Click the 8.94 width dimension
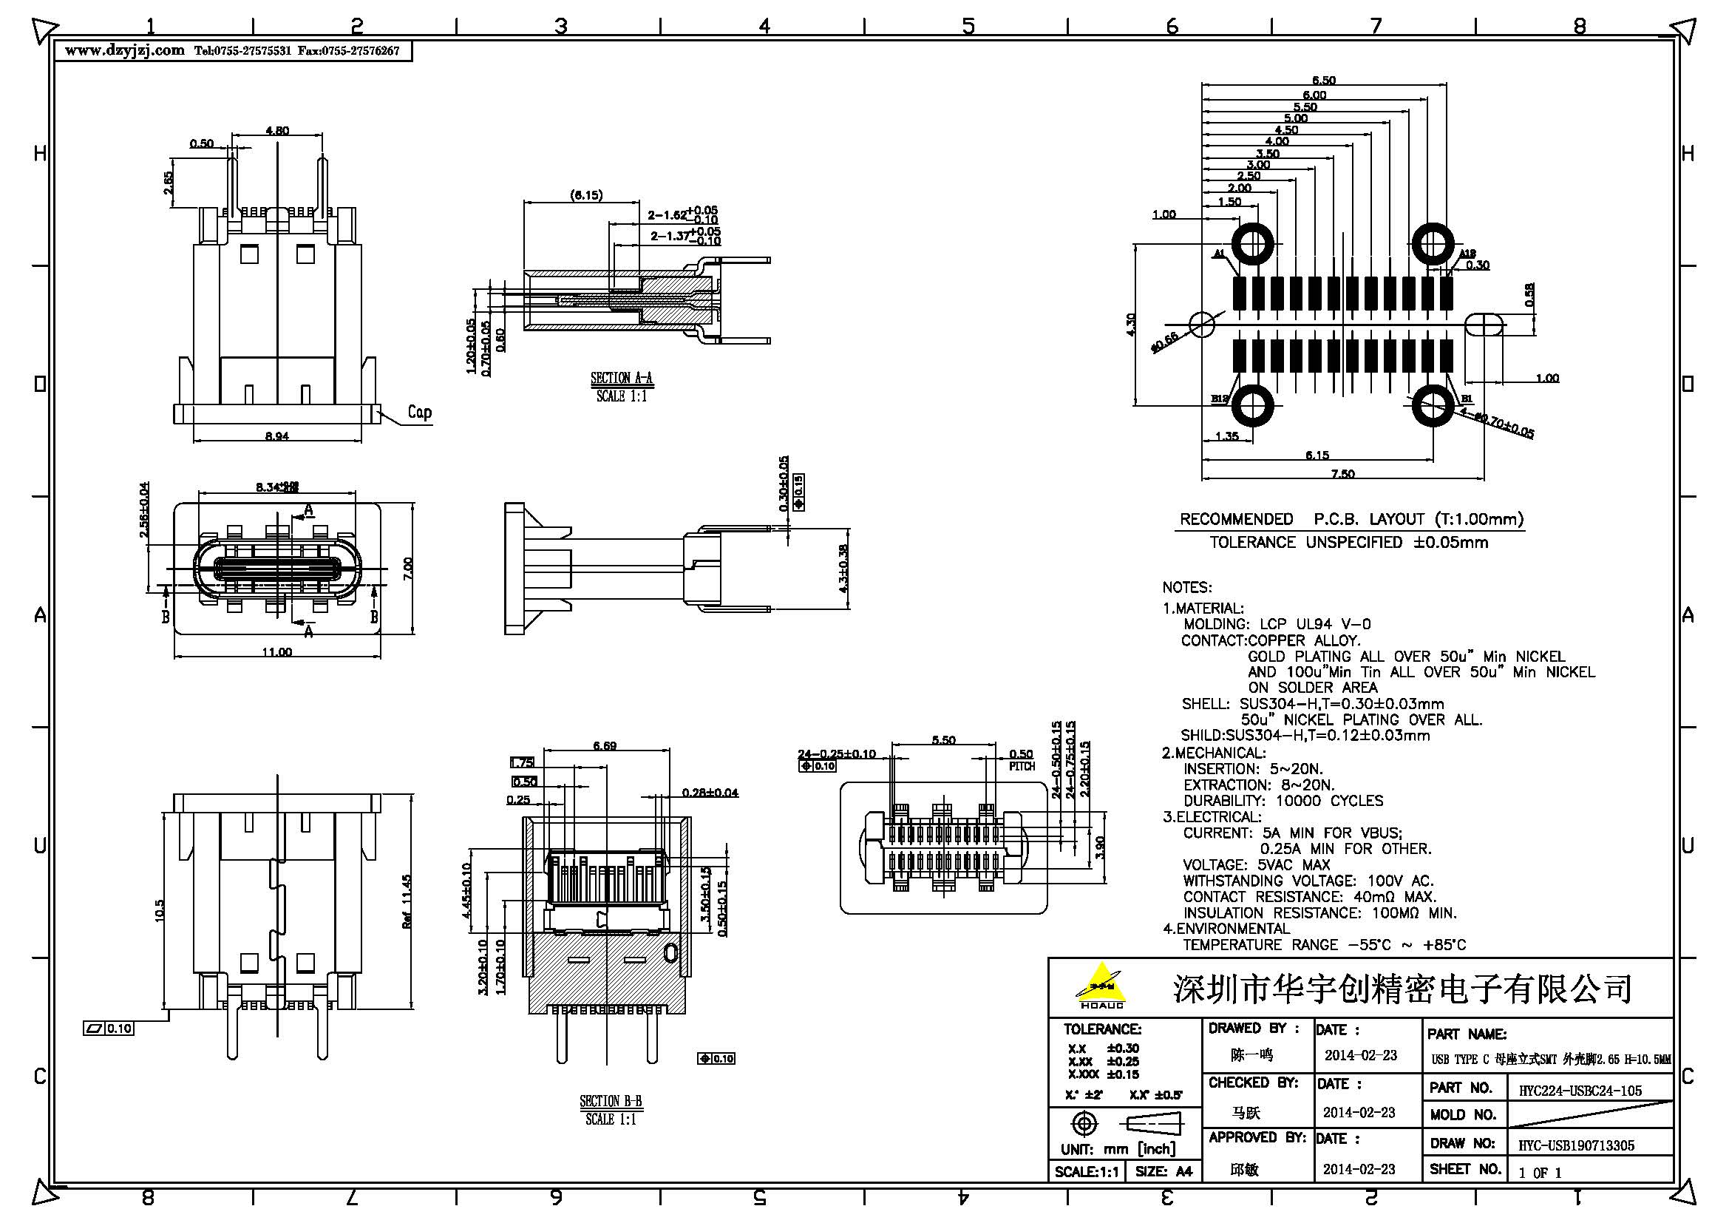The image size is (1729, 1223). [x=276, y=436]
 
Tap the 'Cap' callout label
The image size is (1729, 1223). [x=419, y=412]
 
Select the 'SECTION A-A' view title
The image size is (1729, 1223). [x=621, y=378]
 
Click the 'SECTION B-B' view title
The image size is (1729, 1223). [x=611, y=1101]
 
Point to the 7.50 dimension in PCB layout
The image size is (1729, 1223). [x=1342, y=474]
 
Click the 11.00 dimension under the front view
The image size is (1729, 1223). [x=276, y=652]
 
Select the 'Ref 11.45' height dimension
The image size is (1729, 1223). [x=407, y=901]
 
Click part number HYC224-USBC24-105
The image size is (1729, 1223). [x=1580, y=1091]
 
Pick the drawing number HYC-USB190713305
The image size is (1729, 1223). [x=1576, y=1145]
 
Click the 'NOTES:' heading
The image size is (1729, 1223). [x=1187, y=587]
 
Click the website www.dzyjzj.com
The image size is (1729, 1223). [x=124, y=50]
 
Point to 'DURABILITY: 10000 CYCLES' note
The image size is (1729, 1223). [x=1283, y=801]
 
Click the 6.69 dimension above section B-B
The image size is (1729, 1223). [x=605, y=745]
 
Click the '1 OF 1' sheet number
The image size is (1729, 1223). [x=1540, y=1173]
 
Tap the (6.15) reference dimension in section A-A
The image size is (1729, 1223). [x=586, y=195]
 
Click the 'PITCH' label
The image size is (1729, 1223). [x=1022, y=766]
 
